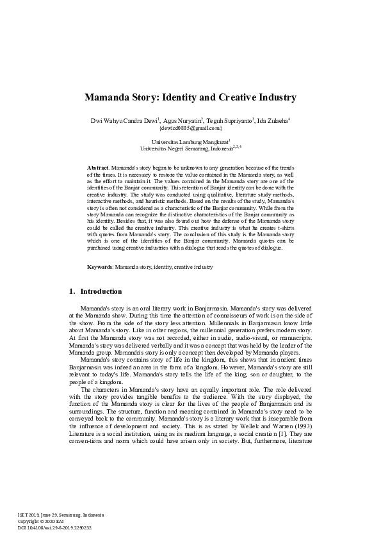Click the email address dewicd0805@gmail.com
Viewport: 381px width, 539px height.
(x=190, y=128)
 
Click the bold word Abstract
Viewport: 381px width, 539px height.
(x=97, y=166)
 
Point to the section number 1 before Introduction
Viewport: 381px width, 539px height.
(x=71, y=291)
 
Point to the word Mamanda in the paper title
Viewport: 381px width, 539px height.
(x=109, y=98)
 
